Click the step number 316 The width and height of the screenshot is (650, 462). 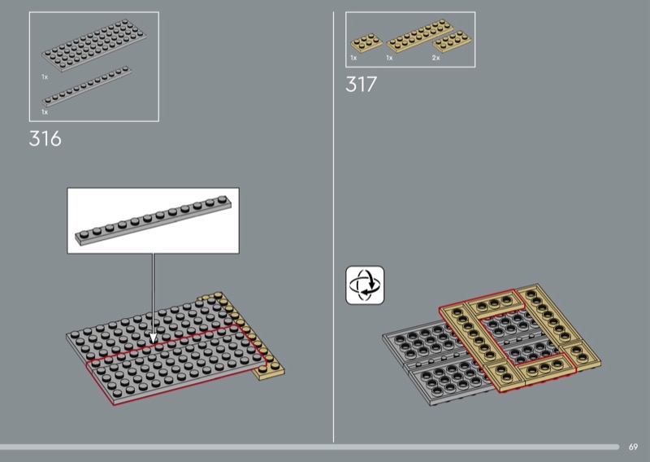(x=45, y=138)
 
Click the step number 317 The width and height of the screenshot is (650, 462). (x=361, y=85)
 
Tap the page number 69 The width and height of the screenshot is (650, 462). (x=633, y=447)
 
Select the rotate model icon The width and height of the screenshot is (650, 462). (x=365, y=285)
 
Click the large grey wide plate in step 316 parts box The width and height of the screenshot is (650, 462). (x=94, y=45)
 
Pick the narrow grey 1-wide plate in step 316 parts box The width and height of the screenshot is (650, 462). (x=87, y=86)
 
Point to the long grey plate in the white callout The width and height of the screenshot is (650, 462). (x=154, y=220)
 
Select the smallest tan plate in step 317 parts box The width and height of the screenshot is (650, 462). (x=366, y=42)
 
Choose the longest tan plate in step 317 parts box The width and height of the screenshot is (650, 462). (x=419, y=36)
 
